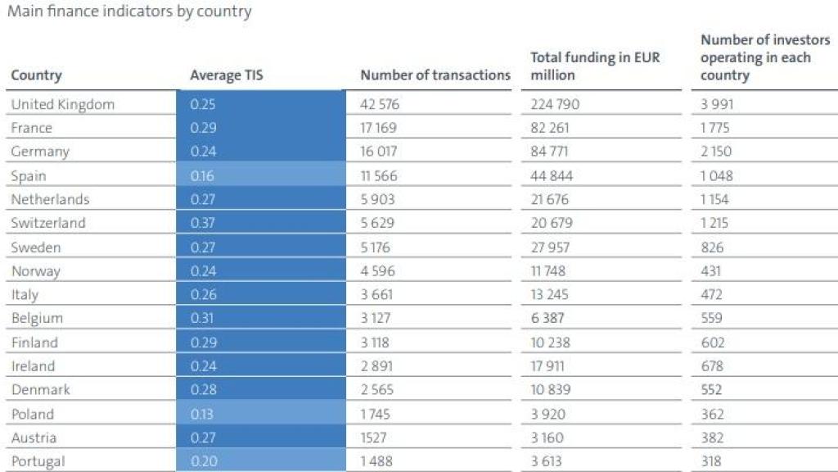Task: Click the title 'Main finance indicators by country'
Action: coord(129,11)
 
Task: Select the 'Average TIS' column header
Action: coord(227,75)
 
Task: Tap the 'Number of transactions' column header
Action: coord(435,75)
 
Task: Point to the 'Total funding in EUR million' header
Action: coord(595,66)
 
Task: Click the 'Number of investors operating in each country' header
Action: coord(755,57)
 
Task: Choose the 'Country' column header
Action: coord(36,75)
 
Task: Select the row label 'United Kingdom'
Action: coord(63,104)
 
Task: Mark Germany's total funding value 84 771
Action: coord(551,152)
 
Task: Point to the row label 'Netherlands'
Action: coord(50,199)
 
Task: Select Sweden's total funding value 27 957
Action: coord(551,247)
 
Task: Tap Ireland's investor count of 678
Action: coord(712,365)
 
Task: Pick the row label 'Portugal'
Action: coord(38,461)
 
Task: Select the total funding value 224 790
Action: coord(555,104)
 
